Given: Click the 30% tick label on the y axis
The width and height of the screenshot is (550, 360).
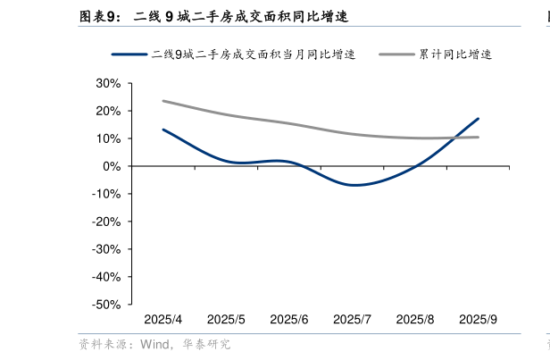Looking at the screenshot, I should click(107, 84).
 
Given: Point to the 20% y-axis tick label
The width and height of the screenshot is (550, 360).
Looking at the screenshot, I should click(107, 112).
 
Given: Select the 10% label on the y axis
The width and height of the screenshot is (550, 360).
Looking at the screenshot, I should click(107, 139).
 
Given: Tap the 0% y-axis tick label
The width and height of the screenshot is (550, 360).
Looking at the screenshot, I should click(111, 167).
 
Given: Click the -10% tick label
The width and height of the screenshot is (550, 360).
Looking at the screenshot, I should click(105, 195).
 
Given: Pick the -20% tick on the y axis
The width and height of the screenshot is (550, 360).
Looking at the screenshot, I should click(105, 222).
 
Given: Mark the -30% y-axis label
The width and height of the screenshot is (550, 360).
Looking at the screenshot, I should click(105, 250).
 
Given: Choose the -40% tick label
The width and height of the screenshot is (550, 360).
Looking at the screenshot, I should click(105, 278).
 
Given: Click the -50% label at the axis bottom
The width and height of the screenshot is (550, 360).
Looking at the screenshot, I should click(105, 306).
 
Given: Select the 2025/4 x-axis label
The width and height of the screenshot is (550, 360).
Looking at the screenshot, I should click(163, 320).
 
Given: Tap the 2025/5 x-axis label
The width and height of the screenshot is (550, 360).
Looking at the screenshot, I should click(226, 320).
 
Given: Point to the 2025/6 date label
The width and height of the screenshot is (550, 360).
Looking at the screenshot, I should click(289, 320).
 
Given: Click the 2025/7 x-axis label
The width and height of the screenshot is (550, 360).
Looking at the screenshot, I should click(352, 320).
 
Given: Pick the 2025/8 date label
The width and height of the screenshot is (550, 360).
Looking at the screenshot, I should click(415, 320).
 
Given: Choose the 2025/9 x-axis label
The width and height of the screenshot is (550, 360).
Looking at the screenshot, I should click(478, 320).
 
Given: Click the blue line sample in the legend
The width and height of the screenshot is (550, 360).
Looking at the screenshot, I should click(129, 54).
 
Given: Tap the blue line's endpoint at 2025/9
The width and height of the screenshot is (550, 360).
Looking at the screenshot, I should click(479, 119).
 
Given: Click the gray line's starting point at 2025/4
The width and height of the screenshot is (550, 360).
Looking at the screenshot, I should click(163, 101).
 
